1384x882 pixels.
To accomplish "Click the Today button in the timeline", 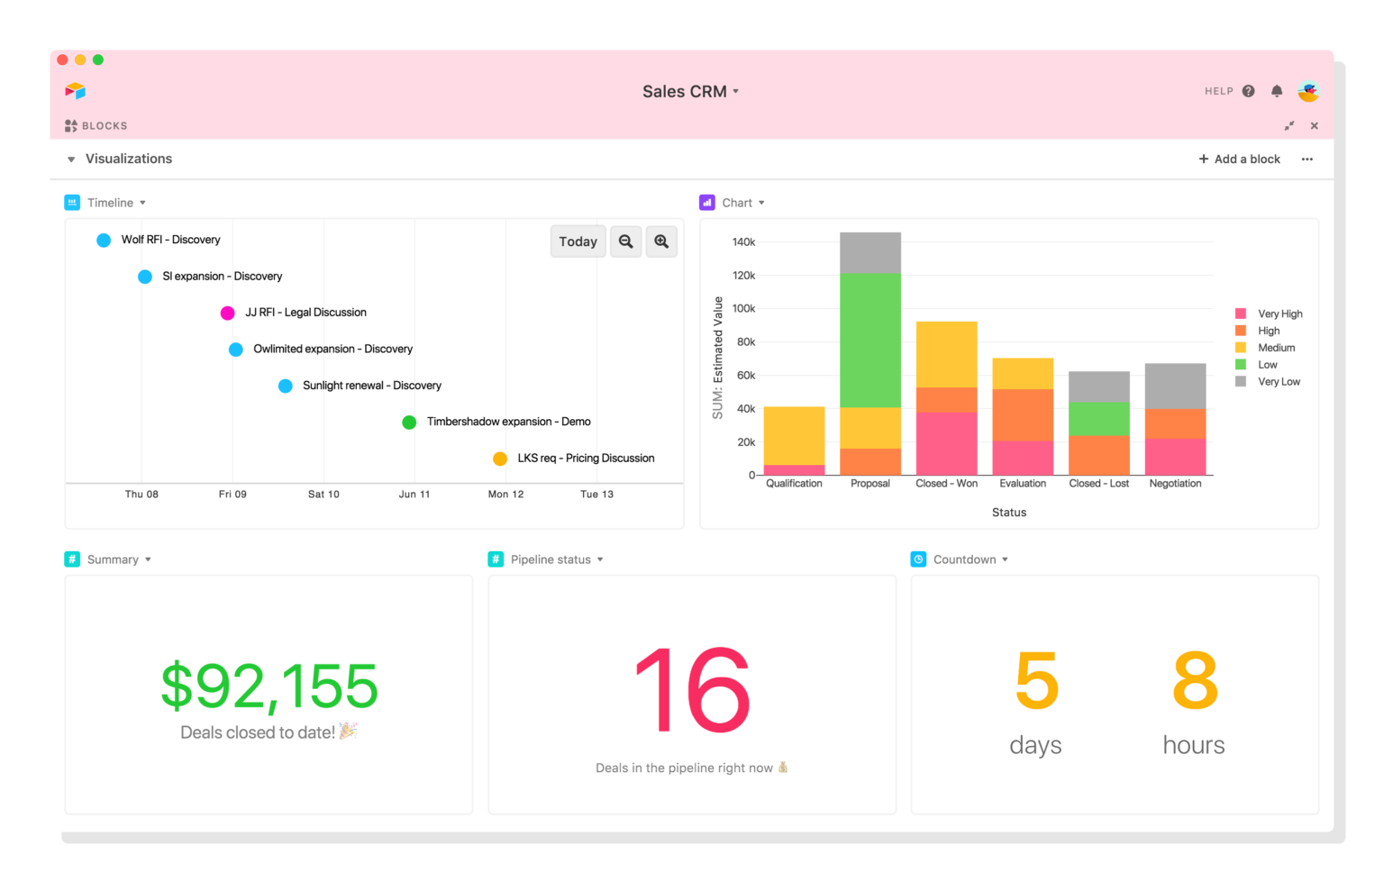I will coord(578,241).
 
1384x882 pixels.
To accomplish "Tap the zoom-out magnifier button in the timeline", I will coord(625,241).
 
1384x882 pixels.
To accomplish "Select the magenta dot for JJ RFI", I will coord(228,313).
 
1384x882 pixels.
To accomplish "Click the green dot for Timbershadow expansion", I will coord(409,422).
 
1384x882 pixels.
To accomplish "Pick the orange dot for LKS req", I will coord(500,459).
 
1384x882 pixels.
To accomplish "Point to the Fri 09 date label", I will coord(232,494).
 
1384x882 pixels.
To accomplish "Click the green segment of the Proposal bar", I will coord(870,340).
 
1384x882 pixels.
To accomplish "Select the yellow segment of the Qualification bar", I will coord(794,435).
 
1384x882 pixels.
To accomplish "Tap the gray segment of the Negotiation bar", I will coord(1175,386).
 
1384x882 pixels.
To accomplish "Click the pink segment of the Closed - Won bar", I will coord(946,443).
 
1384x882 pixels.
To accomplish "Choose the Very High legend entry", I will coord(1279,314).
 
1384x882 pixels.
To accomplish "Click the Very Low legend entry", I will coord(1278,382).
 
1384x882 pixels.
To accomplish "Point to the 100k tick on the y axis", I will coord(743,308).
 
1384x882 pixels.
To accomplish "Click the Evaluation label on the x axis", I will coord(1023,484).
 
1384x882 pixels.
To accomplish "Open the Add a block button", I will coord(1239,159).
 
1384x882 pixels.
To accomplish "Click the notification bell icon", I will coord(1277,91).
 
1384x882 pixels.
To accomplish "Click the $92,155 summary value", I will coord(269,687).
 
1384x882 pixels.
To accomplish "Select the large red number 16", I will coord(692,691).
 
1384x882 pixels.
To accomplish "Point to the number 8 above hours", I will coord(1195,682).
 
